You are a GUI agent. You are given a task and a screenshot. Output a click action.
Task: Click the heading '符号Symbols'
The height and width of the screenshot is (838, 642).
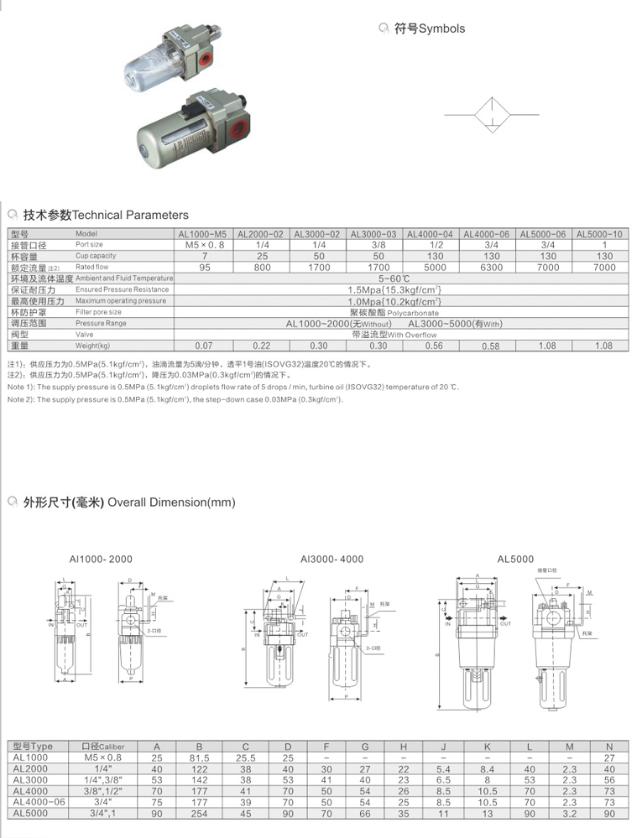[x=429, y=29]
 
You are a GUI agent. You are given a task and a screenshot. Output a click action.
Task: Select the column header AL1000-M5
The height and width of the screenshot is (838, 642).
[x=202, y=234]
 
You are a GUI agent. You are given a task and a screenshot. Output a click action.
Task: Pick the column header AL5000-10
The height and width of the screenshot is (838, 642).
[x=601, y=234]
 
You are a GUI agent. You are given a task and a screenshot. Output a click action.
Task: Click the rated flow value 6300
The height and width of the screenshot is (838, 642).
[x=487, y=268]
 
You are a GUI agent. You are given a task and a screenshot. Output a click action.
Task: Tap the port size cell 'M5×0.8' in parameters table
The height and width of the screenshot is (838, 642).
[x=202, y=245]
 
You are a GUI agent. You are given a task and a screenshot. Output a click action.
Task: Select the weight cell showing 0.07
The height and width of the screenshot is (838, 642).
[x=202, y=346]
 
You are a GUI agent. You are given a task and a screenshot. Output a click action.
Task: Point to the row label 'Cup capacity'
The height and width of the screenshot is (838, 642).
[x=96, y=256]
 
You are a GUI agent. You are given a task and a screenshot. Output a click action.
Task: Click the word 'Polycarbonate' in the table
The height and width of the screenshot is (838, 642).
[x=412, y=312]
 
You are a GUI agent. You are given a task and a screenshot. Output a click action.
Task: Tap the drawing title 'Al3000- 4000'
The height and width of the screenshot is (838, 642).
[x=331, y=559]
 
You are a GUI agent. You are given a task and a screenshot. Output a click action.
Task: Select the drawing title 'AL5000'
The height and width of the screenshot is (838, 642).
[x=515, y=559]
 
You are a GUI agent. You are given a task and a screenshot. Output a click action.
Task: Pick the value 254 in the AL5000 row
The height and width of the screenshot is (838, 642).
[x=199, y=813]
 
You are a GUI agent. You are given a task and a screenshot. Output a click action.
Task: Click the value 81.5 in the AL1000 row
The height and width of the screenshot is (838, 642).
[x=199, y=757]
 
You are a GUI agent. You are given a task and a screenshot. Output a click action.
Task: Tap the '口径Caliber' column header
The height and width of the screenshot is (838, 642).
[x=102, y=746]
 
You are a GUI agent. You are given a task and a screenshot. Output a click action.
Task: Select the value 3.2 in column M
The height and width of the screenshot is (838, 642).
[x=569, y=813]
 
